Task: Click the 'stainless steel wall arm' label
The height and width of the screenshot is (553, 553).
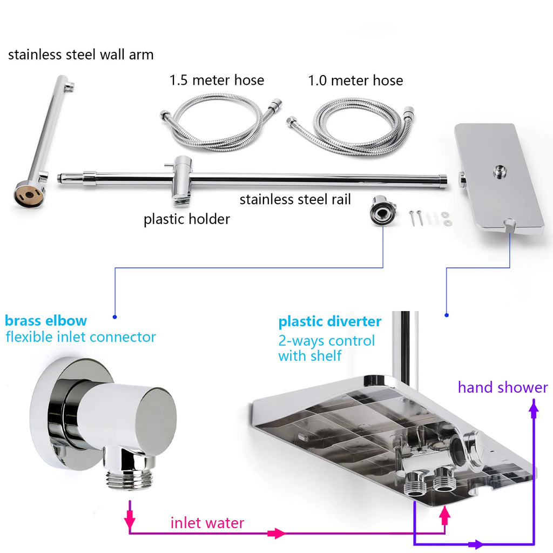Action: click(x=80, y=55)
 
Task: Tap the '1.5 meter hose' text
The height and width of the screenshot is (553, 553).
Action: click(x=217, y=80)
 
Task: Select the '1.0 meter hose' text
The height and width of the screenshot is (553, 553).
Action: click(x=355, y=80)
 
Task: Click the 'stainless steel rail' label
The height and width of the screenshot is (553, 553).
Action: click(x=295, y=199)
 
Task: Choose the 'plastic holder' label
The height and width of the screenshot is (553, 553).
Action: click(x=186, y=219)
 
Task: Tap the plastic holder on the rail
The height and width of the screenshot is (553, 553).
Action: click(x=181, y=181)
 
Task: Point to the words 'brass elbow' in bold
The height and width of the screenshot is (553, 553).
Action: click(x=46, y=321)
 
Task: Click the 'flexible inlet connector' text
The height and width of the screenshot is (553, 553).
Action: click(x=80, y=337)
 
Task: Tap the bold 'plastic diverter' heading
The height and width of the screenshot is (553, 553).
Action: click(x=329, y=322)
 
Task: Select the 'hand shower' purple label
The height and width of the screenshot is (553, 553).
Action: click(x=502, y=387)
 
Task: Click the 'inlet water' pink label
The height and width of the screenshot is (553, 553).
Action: click(x=207, y=523)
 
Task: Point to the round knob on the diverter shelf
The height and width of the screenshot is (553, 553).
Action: click(x=476, y=448)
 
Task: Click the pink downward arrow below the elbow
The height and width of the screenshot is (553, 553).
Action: click(x=130, y=520)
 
